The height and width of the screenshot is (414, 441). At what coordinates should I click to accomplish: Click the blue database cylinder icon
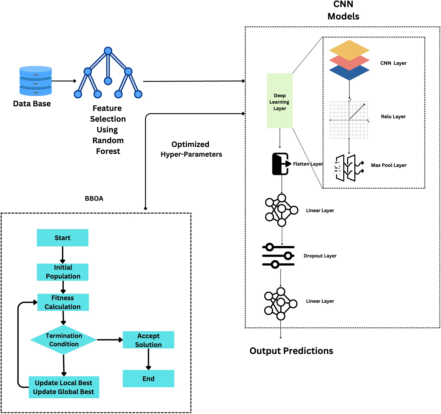click(x=35, y=81)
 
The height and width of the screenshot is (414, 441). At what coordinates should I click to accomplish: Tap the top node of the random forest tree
click(x=108, y=51)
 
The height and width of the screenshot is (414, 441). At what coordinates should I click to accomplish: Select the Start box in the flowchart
click(x=63, y=238)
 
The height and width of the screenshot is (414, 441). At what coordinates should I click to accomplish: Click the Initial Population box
click(x=63, y=272)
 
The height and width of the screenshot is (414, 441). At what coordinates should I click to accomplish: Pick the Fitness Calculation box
click(x=63, y=302)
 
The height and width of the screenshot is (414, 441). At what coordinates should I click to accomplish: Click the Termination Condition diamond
click(x=64, y=340)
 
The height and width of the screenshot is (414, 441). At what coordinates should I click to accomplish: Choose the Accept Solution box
click(x=148, y=340)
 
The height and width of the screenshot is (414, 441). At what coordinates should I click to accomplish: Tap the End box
click(x=148, y=378)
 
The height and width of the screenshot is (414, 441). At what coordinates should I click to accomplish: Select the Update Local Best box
click(x=64, y=387)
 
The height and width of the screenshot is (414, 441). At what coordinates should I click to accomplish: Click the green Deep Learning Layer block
click(x=280, y=101)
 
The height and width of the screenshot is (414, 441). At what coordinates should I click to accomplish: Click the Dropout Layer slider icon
click(x=278, y=256)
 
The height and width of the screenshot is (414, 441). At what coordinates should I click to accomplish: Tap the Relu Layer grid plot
click(x=349, y=120)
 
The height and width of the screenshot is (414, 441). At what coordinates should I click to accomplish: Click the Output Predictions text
click(x=291, y=351)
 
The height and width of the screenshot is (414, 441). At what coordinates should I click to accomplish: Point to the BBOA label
click(x=94, y=198)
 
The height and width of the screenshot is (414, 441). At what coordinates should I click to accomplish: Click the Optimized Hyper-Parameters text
click(x=191, y=149)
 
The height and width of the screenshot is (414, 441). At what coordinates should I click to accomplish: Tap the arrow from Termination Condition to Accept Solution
click(x=109, y=340)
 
